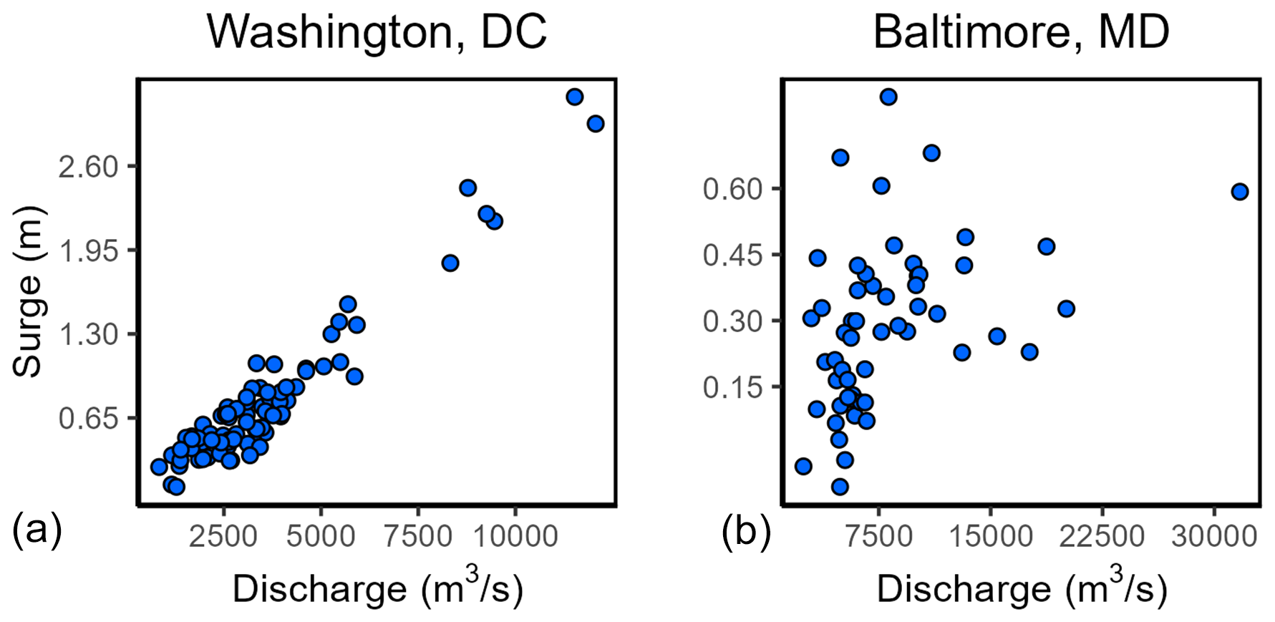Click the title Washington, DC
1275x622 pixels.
point(377,31)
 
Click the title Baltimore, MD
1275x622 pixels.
point(1021,31)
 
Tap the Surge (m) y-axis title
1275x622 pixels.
point(29,292)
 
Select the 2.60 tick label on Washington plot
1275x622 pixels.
point(88,167)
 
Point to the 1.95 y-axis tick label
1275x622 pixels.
point(88,251)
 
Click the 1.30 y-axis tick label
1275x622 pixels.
point(88,334)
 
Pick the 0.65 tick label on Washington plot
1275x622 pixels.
point(88,418)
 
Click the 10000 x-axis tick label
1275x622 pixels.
point(515,535)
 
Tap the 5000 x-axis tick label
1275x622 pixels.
point(321,535)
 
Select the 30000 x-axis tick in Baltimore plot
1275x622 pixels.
point(1213,535)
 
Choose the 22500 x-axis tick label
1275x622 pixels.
point(1102,535)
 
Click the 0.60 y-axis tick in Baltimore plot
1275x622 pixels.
point(733,189)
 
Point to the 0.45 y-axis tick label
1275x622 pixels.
point(733,255)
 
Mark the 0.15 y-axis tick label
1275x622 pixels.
point(733,387)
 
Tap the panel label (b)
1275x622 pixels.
point(746,530)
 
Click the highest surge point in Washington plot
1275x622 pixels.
point(574,97)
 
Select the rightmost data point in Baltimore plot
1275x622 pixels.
point(1240,191)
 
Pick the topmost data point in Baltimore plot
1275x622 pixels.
point(888,97)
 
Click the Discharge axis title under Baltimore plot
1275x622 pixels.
point(1022,588)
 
